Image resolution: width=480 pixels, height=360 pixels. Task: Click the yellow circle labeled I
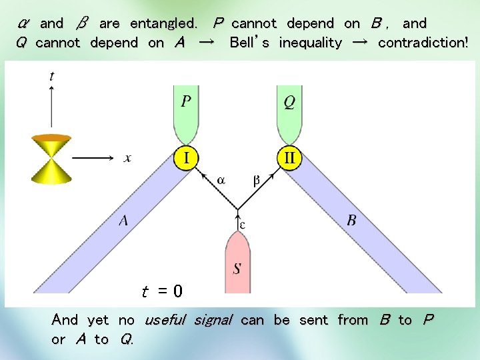pyautogui.click(x=187, y=159)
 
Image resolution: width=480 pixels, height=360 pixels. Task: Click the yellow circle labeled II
pyautogui.click(x=290, y=159)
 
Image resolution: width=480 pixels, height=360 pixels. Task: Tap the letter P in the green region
pyautogui.click(x=186, y=102)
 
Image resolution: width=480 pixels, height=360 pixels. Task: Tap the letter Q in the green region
pyautogui.click(x=289, y=102)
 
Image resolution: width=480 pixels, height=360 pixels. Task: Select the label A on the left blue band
pyautogui.click(x=123, y=221)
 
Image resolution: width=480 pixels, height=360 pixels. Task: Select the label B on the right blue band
pyautogui.click(x=351, y=221)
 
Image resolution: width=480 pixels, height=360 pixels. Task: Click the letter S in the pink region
pyautogui.click(x=237, y=269)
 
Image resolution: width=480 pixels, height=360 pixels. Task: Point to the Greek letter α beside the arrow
pyautogui.click(x=221, y=179)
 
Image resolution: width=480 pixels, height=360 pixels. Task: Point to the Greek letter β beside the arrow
pyautogui.click(x=257, y=179)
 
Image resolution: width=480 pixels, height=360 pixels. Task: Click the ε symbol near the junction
pyautogui.click(x=243, y=225)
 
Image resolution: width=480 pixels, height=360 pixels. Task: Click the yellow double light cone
pyautogui.click(x=51, y=158)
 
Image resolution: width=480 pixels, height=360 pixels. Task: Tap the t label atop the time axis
pyautogui.click(x=52, y=76)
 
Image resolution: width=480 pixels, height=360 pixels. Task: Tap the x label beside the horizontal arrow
pyautogui.click(x=127, y=158)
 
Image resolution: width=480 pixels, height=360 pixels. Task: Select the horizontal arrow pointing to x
pyautogui.click(x=93, y=158)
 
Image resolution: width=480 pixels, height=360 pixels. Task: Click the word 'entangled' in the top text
pyautogui.click(x=163, y=23)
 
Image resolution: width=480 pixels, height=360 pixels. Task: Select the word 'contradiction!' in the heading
pyautogui.click(x=423, y=43)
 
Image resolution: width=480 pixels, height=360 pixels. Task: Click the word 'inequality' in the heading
pyautogui.click(x=310, y=43)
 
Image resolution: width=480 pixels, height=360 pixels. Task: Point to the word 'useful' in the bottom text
pyautogui.click(x=165, y=320)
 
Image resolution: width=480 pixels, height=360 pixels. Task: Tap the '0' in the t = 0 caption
pyautogui.click(x=177, y=291)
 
